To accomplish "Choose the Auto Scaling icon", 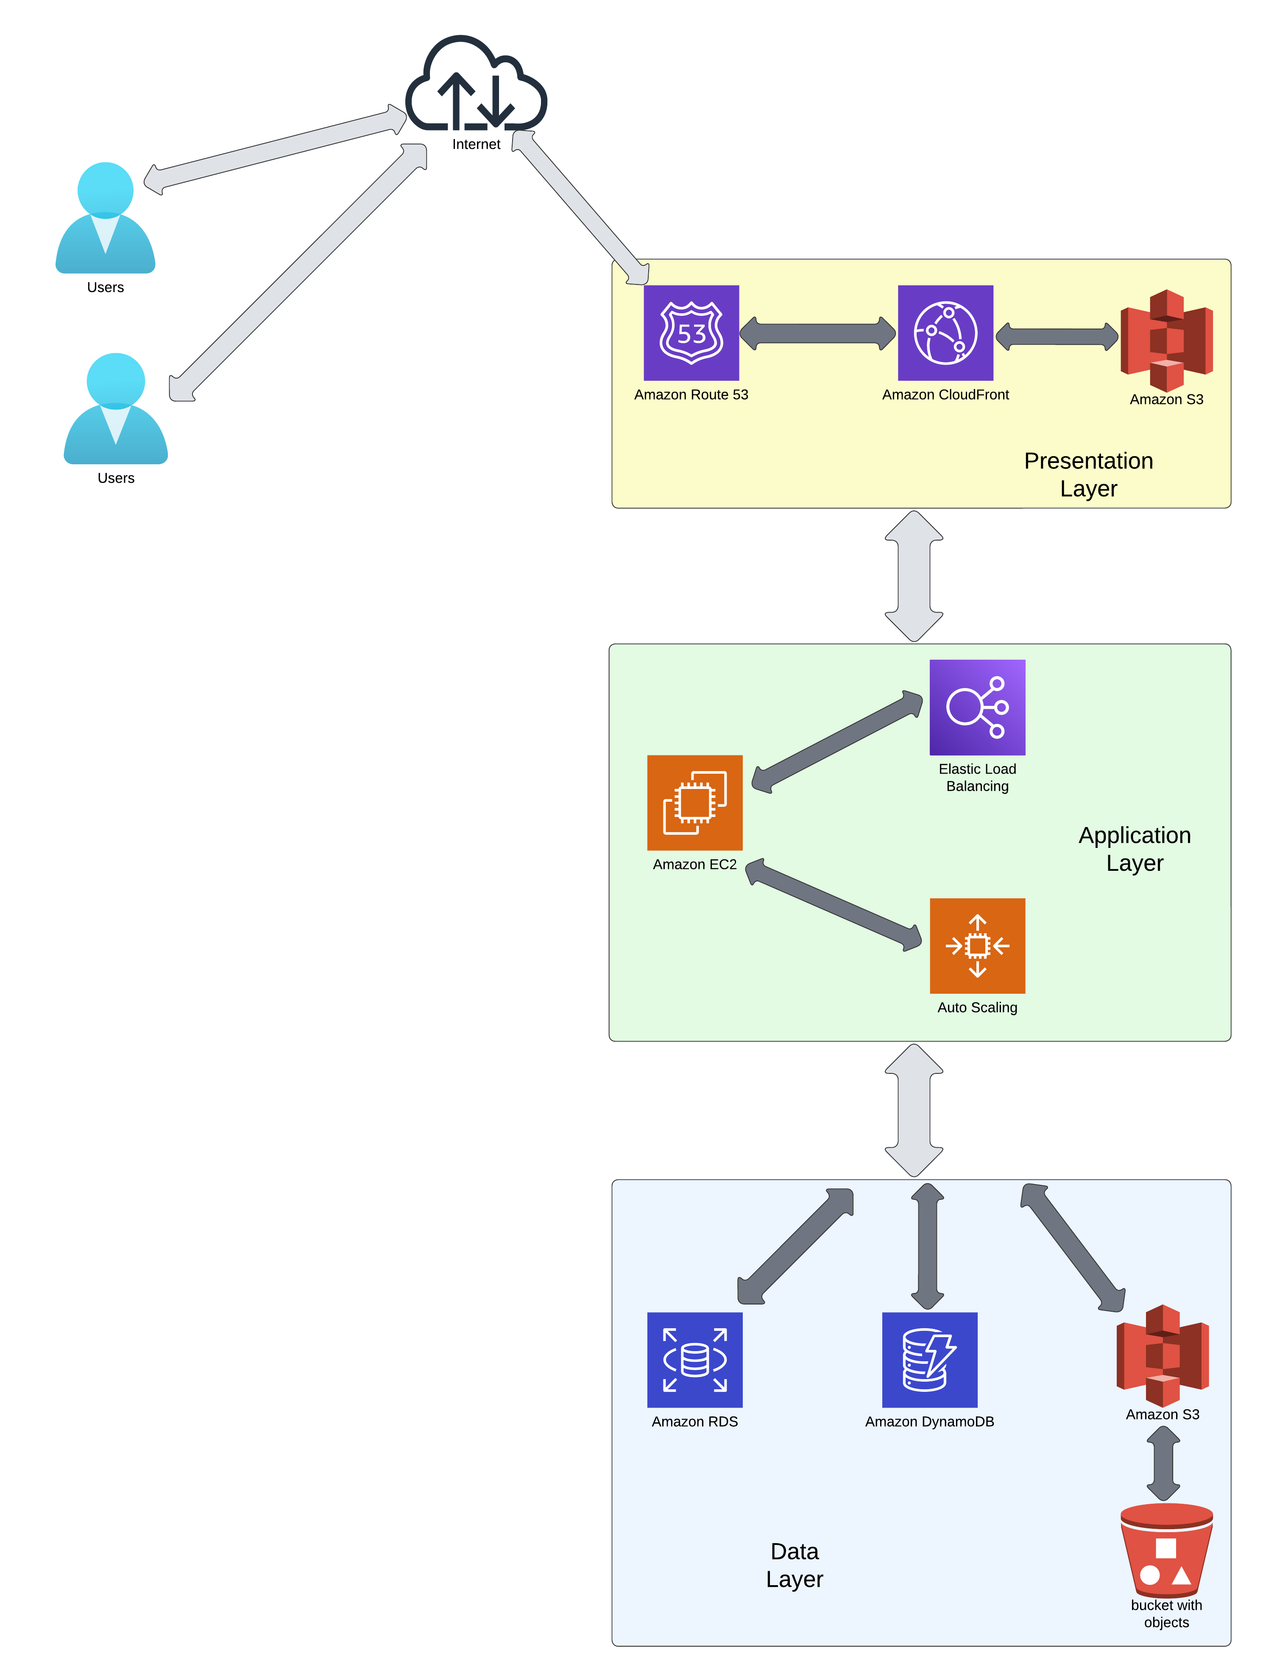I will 976,945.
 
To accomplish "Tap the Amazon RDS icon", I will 694,1359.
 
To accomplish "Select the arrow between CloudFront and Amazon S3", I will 1056,336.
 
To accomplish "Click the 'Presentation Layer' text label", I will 1088,474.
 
